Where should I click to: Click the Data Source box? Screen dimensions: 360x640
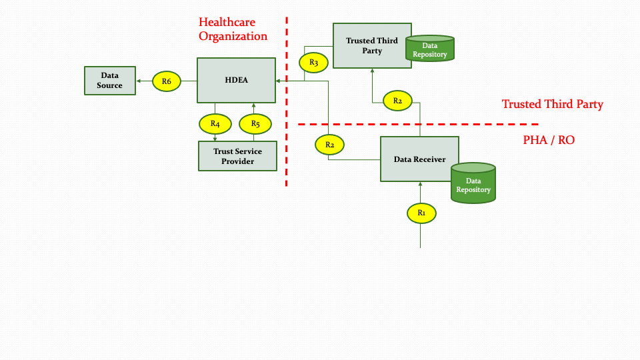(110, 81)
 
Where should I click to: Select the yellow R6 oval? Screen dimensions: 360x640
(167, 81)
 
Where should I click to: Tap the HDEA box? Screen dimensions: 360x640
(237, 81)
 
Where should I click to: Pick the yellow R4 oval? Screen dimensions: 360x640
(215, 123)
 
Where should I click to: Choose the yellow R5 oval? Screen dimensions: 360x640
(255, 123)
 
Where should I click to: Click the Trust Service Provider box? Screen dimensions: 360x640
(237, 156)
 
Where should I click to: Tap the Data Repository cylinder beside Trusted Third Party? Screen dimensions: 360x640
(430, 49)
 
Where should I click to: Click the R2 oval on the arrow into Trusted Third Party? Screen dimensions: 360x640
(397, 101)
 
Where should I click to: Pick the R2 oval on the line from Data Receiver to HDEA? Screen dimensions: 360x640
(329, 143)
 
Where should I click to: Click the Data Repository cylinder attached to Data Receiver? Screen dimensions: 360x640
(473, 182)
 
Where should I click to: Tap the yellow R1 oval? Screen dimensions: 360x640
(421, 213)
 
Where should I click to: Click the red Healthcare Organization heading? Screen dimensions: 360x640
(233, 29)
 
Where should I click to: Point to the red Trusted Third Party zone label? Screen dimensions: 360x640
(552, 104)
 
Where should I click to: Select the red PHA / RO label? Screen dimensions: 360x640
(549, 140)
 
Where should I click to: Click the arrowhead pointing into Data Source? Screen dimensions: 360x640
(138, 81)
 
